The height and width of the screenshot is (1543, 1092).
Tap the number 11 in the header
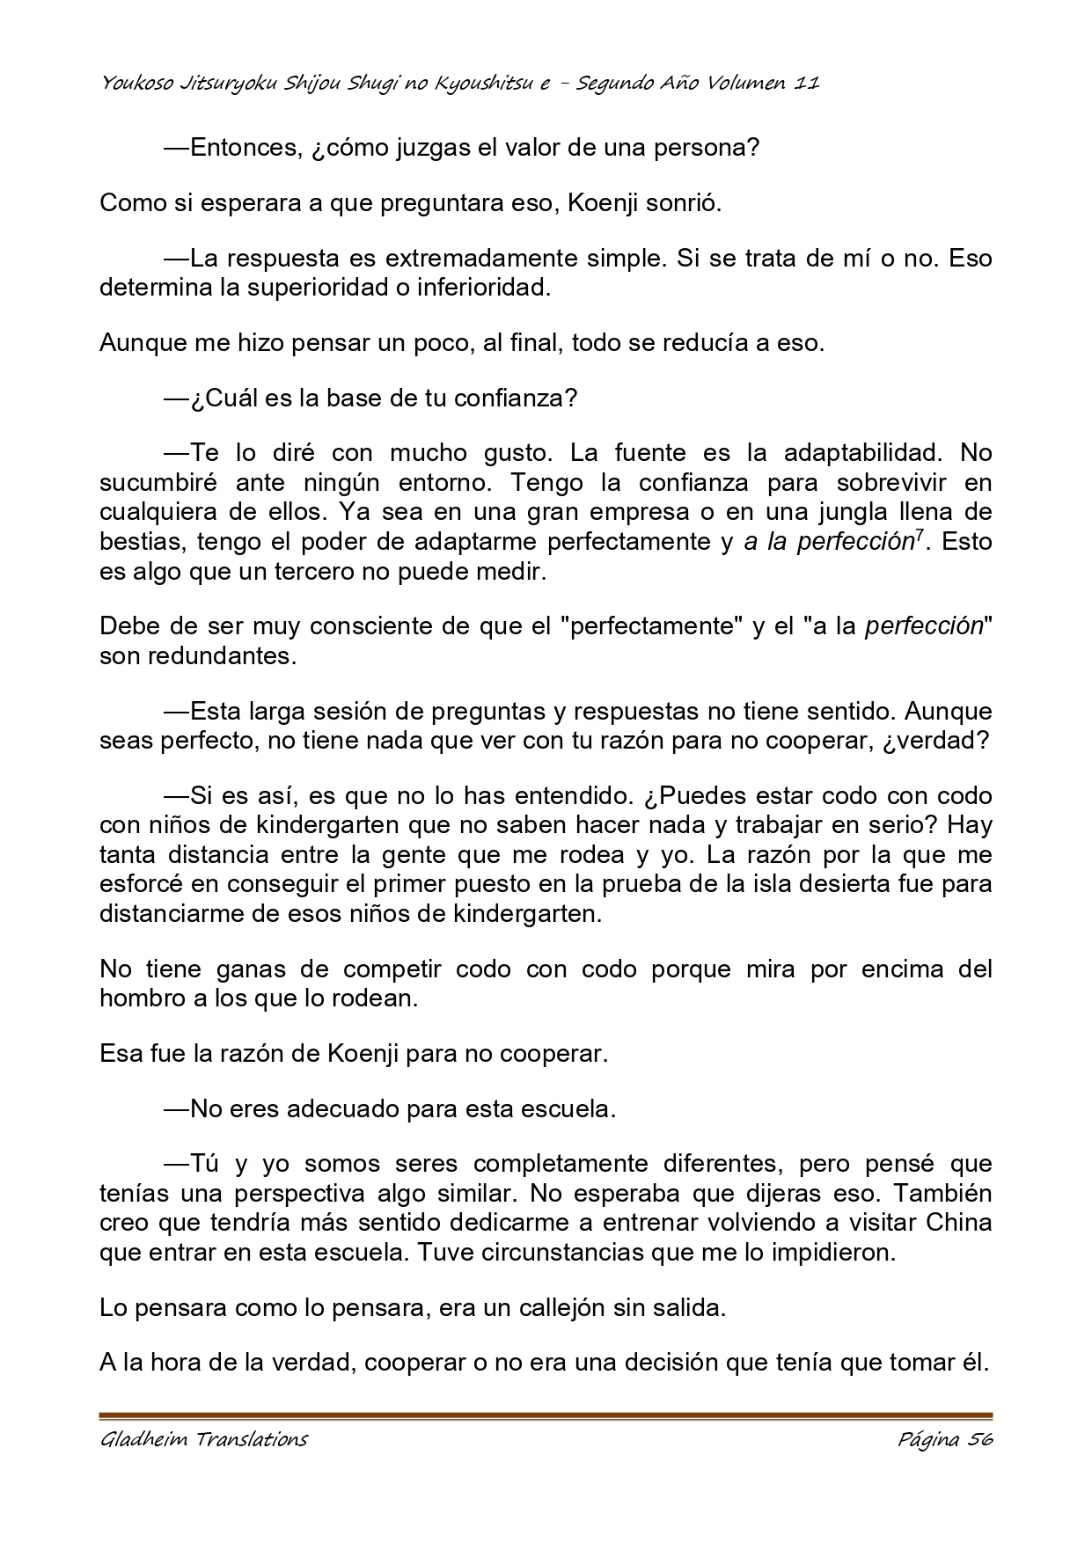point(806,84)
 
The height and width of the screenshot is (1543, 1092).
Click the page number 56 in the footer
point(978,1440)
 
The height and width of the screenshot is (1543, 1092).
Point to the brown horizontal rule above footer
point(546,1416)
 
